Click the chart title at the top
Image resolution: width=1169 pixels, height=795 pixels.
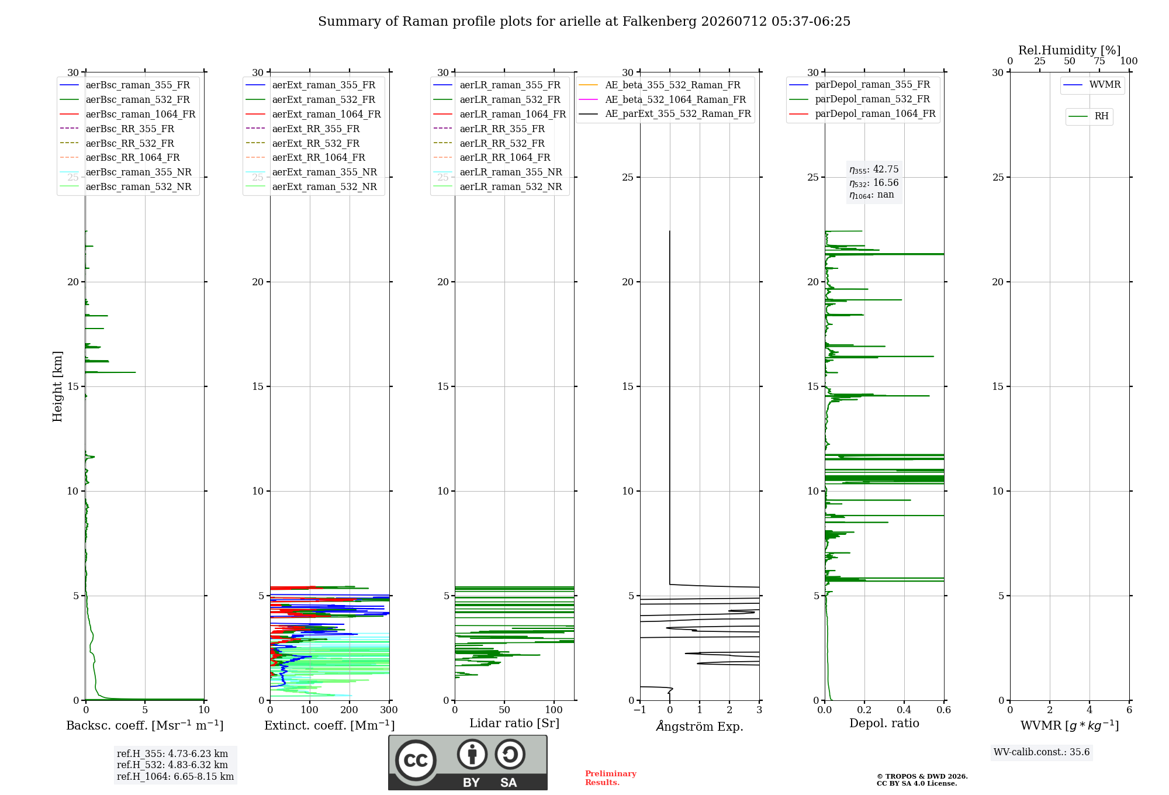point(584,22)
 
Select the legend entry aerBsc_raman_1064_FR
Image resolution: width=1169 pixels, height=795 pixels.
point(140,114)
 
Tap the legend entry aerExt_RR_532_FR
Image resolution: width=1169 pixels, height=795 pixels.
point(316,143)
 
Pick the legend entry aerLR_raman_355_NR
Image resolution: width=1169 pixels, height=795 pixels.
point(511,172)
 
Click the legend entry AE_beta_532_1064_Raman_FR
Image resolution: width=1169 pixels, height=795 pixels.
point(676,99)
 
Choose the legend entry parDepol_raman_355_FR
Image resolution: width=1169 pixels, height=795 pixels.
point(873,85)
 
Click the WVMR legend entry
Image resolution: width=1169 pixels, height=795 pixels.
point(1105,85)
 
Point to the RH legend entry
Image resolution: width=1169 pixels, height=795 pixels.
point(1101,116)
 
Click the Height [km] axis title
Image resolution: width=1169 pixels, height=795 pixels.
point(57,386)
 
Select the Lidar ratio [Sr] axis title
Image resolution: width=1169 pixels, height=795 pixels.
point(514,723)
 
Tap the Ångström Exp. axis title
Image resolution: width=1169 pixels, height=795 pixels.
point(700,726)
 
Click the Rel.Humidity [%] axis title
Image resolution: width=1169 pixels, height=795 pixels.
point(1070,50)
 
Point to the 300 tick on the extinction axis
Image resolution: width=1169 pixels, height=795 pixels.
point(389,710)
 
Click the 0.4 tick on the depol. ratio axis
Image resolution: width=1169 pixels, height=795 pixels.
point(904,710)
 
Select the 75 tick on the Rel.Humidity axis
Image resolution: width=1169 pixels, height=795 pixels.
point(1099,61)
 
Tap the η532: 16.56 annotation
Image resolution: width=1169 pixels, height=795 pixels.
point(874,182)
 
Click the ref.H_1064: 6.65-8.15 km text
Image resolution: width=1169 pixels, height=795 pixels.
point(175,776)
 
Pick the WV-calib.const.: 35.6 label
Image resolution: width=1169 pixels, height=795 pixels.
point(1042,752)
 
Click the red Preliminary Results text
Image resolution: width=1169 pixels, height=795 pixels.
point(611,778)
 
